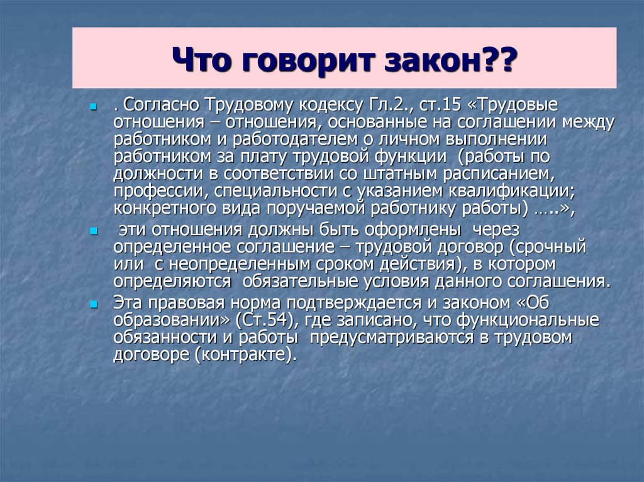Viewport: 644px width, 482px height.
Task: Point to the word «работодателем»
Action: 295,139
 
